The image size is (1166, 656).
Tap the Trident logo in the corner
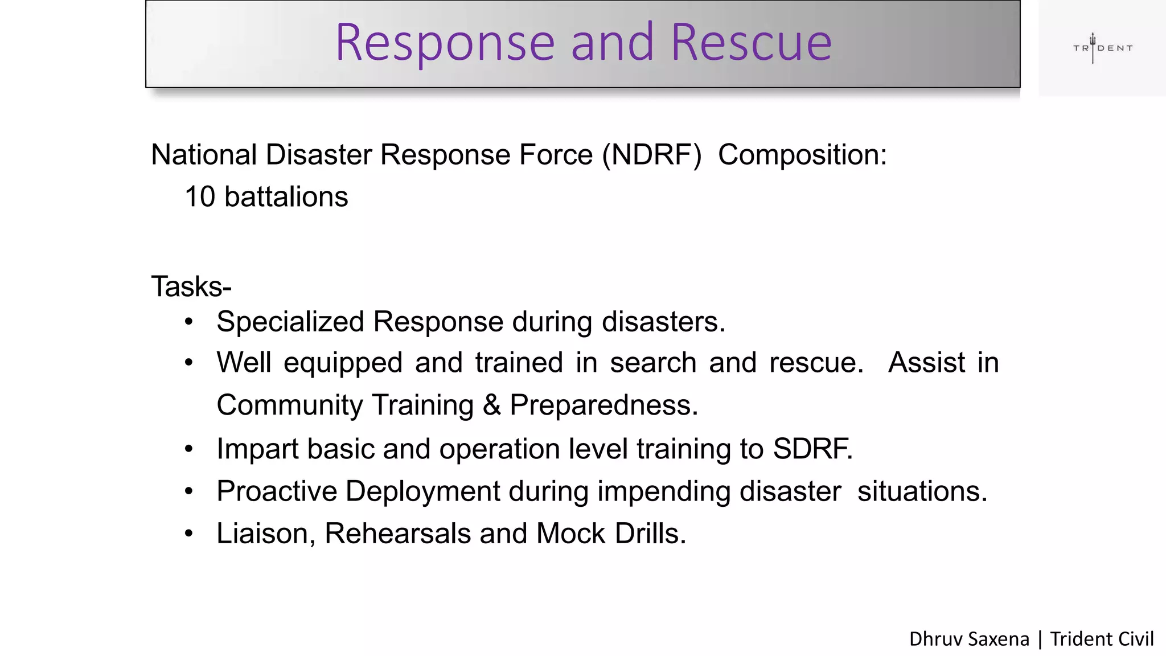pos(1102,48)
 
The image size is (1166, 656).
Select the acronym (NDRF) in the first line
pos(652,155)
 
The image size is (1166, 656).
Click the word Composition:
pos(802,155)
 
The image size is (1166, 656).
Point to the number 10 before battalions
pos(200,197)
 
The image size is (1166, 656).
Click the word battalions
pos(286,197)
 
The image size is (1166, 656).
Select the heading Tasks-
pos(191,286)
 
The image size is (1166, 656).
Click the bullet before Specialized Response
pos(189,322)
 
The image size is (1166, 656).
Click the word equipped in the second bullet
pos(343,363)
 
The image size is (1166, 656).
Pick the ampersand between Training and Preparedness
pos(491,405)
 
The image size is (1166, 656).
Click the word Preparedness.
pos(603,405)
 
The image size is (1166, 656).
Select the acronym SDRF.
pos(812,449)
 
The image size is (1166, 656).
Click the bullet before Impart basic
pos(189,449)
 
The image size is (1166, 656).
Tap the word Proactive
pos(277,491)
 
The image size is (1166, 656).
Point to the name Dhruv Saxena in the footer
pos(969,639)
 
